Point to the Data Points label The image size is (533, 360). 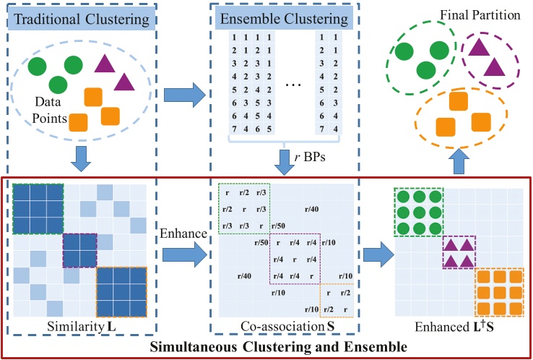pyautogui.click(x=50, y=111)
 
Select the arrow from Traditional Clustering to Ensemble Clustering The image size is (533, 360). pyautogui.click(x=184, y=95)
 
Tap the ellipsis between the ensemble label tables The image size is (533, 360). pyautogui.click(x=293, y=85)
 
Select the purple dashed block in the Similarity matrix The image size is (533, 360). pyautogui.click(x=79, y=249)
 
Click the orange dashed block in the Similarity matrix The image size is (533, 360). pyautogui.click(x=121, y=293)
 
